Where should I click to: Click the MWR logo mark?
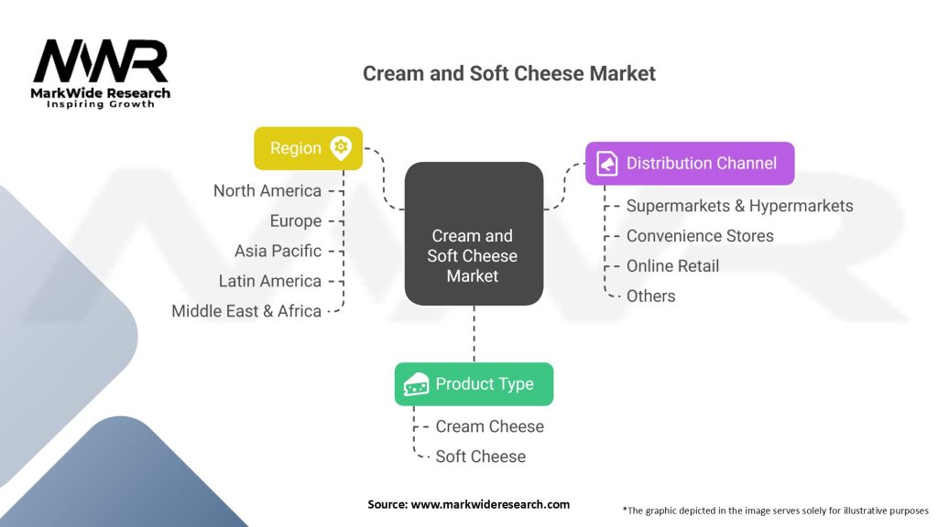pyautogui.click(x=101, y=61)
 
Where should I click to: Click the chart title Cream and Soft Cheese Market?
pyautogui.click(x=509, y=73)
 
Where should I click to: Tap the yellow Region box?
pyautogui.click(x=308, y=148)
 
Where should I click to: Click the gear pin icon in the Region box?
pyautogui.click(x=342, y=147)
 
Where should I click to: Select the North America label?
pyautogui.click(x=267, y=190)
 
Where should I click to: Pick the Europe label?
pyautogui.click(x=296, y=220)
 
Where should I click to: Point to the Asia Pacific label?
pyautogui.click(x=278, y=251)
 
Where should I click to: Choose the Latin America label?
pyautogui.click(x=270, y=281)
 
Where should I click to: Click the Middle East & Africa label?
pyautogui.click(x=246, y=311)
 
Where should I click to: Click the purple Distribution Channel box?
pyautogui.click(x=690, y=164)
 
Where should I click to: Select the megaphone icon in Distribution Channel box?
pyautogui.click(x=607, y=164)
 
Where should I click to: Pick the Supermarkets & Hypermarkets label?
pyautogui.click(x=739, y=206)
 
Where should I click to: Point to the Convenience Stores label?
pyautogui.click(x=700, y=236)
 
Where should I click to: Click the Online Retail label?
pyautogui.click(x=672, y=266)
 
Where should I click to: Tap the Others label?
pyautogui.click(x=650, y=296)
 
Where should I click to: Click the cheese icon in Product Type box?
pyautogui.click(x=417, y=384)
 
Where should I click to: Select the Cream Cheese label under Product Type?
pyautogui.click(x=489, y=426)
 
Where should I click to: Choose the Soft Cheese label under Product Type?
pyautogui.click(x=480, y=457)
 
